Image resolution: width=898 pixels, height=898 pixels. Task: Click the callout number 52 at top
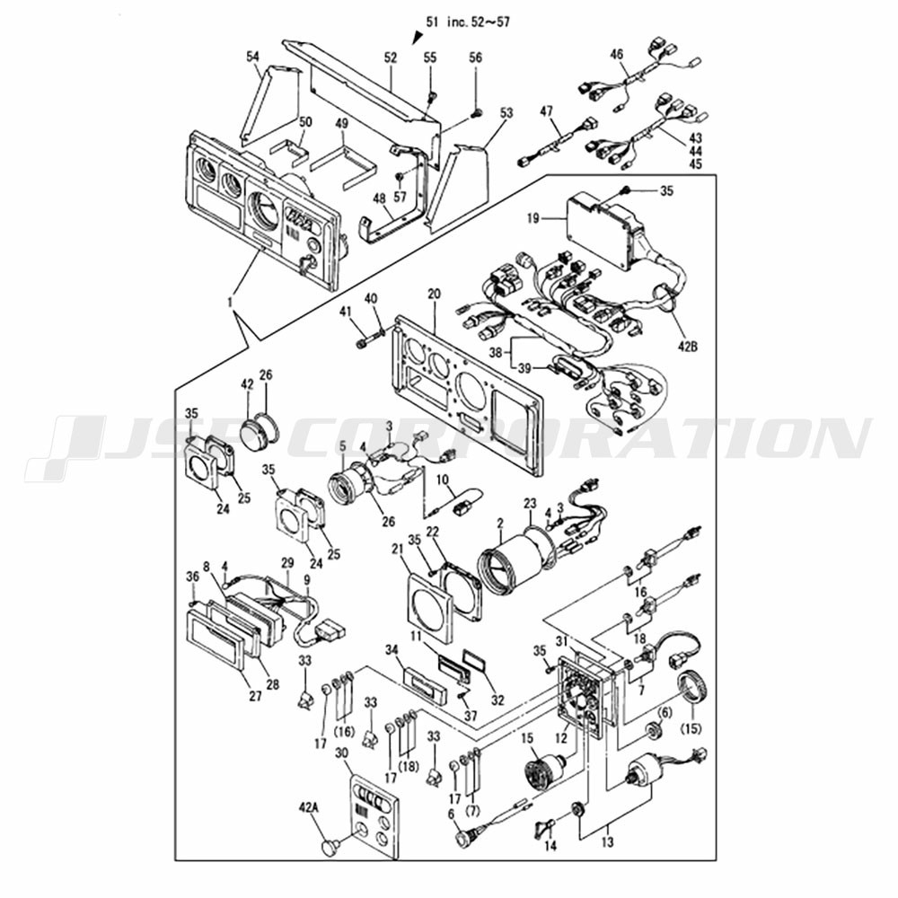391,57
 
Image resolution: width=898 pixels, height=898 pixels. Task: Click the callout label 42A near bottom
309,806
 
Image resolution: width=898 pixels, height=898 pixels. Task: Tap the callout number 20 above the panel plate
435,295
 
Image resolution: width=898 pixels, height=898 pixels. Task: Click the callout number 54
253,57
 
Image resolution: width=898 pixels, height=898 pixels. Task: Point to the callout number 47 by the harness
546,110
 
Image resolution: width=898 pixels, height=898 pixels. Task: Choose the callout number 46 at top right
617,55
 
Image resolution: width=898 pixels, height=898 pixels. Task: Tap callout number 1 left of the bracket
231,304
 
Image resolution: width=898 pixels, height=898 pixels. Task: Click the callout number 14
550,845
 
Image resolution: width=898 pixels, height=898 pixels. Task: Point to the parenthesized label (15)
693,726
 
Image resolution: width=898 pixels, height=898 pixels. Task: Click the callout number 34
391,649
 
